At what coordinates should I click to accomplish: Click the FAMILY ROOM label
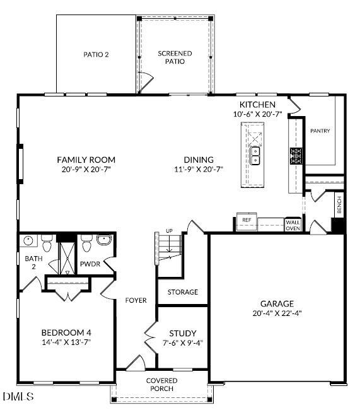(x=86, y=160)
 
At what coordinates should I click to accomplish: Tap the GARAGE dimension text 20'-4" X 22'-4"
(x=277, y=313)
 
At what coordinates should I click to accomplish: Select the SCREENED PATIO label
(x=175, y=57)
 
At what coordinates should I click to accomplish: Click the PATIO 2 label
(x=96, y=55)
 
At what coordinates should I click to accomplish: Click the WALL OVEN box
(x=293, y=225)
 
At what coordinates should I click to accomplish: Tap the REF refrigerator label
(x=247, y=220)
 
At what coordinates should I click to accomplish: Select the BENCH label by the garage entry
(x=339, y=205)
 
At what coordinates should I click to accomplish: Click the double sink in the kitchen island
(x=255, y=156)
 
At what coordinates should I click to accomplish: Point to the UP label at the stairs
(x=169, y=231)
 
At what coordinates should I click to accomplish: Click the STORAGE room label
(x=182, y=292)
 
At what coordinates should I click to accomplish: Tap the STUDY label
(x=182, y=333)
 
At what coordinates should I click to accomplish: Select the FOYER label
(x=136, y=300)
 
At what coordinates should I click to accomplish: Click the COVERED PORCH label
(x=161, y=385)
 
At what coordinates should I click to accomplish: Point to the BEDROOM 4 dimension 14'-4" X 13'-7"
(x=66, y=343)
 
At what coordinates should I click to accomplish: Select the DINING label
(x=199, y=160)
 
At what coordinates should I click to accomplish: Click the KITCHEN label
(x=257, y=105)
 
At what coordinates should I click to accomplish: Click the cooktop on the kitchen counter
(x=296, y=155)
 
